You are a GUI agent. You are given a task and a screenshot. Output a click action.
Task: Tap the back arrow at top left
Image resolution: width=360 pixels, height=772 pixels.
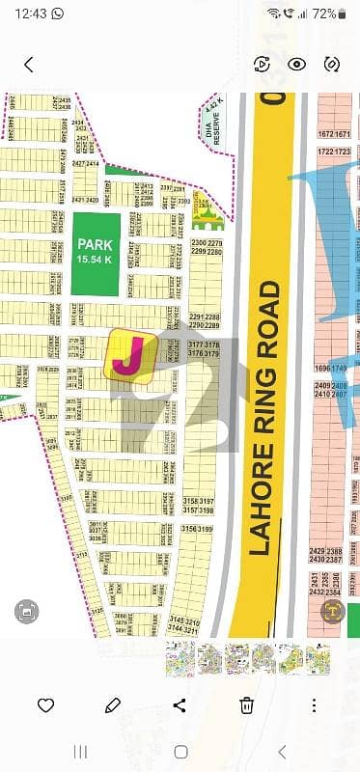point(29,65)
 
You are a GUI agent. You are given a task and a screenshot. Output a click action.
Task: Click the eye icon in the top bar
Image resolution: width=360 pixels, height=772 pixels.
point(296,65)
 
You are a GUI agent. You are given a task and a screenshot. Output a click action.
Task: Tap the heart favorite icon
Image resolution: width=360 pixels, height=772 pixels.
point(45,704)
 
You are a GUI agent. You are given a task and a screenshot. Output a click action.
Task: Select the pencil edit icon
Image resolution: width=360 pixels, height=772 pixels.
point(113,704)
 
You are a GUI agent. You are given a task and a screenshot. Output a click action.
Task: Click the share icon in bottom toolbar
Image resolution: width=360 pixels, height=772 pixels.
point(180,704)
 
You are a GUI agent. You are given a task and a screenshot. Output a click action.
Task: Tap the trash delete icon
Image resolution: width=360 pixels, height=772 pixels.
point(247,704)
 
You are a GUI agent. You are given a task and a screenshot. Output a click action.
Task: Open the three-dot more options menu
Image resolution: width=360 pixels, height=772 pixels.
point(315,704)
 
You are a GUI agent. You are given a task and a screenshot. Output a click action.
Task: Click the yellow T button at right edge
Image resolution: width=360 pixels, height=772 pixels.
point(334,611)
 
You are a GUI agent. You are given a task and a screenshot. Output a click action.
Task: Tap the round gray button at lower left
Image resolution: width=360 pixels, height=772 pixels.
point(27,611)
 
